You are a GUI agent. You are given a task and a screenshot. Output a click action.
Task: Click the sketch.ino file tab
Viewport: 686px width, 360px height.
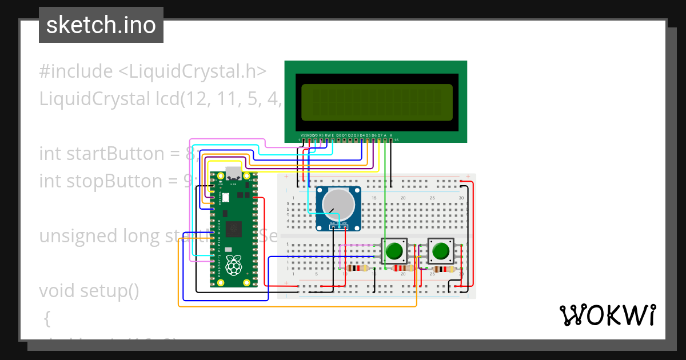pyautogui.click(x=101, y=25)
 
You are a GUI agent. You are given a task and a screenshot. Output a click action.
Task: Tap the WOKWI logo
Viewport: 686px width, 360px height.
pyautogui.click(x=607, y=315)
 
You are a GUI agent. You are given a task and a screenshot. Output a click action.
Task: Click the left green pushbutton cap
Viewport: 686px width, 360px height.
pyautogui.click(x=394, y=250)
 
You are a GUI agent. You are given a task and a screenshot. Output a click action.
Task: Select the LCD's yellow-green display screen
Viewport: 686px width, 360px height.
pyautogui.click(x=377, y=102)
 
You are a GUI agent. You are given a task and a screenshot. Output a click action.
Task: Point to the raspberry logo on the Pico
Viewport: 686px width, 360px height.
pyautogui.click(x=233, y=265)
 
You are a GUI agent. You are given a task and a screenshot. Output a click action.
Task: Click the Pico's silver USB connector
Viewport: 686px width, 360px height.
pyautogui.click(x=233, y=173)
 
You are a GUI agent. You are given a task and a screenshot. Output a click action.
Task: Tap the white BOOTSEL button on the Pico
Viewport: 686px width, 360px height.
pyautogui.click(x=226, y=198)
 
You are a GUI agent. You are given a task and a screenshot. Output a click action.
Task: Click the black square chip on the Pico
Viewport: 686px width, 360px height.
pyautogui.click(x=233, y=230)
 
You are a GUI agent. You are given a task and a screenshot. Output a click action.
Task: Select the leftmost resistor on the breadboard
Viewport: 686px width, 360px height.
pyautogui.click(x=358, y=268)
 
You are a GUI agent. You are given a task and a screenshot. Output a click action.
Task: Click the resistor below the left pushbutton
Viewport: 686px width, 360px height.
pyautogui.click(x=404, y=268)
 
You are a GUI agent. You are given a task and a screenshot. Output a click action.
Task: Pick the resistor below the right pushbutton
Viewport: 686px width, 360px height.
pyautogui.click(x=443, y=269)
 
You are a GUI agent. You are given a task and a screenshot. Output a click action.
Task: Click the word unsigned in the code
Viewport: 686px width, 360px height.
pyautogui.click(x=72, y=236)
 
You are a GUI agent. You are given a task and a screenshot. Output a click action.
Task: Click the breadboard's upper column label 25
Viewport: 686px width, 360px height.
pyautogui.click(x=432, y=198)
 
